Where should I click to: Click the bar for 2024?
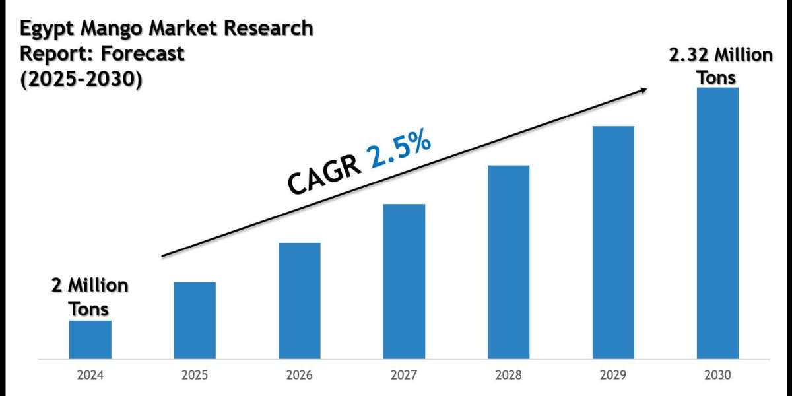click(x=90, y=340)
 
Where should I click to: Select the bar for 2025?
click(x=195, y=321)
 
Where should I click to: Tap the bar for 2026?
click(x=300, y=301)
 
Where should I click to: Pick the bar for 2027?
click(x=404, y=282)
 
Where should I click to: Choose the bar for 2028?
click(x=508, y=262)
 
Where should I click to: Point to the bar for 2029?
click(x=613, y=243)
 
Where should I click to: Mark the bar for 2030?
click(x=717, y=223)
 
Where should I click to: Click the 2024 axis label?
click(x=90, y=376)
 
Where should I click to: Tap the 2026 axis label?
click(x=300, y=376)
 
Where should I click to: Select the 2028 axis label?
click(x=508, y=376)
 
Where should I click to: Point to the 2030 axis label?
click(x=717, y=376)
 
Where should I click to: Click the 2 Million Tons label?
click(x=90, y=296)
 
